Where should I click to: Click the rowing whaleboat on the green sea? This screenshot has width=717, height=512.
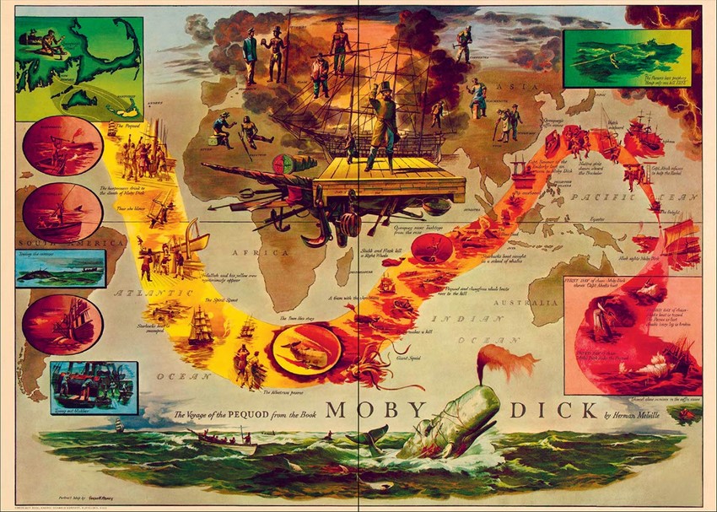(x=222, y=439)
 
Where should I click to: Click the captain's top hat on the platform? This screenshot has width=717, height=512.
(x=385, y=88)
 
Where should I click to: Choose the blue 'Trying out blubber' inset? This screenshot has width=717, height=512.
(x=93, y=387)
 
